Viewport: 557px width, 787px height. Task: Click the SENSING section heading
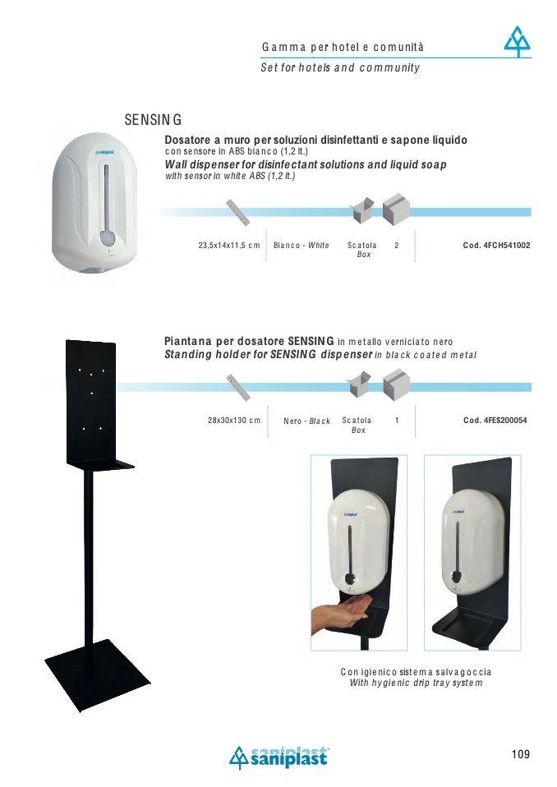click(x=153, y=120)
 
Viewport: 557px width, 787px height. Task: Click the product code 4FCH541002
click(x=496, y=246)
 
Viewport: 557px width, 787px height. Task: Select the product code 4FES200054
click(x=495, y=421)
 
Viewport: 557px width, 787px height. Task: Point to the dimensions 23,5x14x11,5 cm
click(x=229, y=246)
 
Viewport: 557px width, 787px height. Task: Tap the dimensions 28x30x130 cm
click(x=234, y=421)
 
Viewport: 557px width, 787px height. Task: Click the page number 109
click(x=520, y=754)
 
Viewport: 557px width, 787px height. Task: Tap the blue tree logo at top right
click(x=518, y=42)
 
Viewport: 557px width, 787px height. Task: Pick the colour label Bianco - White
click(x=301, y=246)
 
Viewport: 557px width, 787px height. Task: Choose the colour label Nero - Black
click(x=306, y=421)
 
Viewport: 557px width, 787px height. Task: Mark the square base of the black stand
click(x=91, y=674)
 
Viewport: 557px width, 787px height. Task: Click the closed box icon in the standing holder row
click(x=397, y=384)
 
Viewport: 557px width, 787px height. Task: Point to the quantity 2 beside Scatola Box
click(x=397, y=246)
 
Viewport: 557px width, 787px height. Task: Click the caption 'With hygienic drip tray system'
click(x=416, y=683)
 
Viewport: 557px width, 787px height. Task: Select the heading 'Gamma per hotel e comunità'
click(x=343, y=47)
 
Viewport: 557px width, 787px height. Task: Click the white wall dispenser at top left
click(x=94, y=205)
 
